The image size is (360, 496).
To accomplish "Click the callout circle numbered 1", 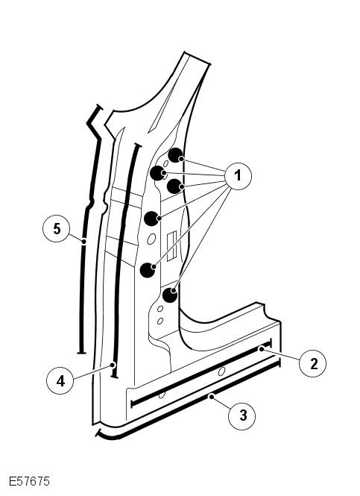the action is click(238, 176).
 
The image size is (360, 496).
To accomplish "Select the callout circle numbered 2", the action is click(313, 363).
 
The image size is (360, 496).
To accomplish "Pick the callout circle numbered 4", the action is click(60, 380).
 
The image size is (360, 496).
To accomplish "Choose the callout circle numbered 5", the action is click(56, 228).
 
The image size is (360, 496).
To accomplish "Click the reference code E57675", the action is click(29, 481).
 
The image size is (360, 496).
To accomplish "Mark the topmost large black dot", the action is click(175, 155).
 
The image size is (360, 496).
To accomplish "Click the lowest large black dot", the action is click(170, 295).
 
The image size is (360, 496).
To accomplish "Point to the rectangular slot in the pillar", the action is click(171, 246).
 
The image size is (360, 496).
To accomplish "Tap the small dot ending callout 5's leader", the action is click(83, 242).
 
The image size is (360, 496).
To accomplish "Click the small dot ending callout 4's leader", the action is click(113, 365).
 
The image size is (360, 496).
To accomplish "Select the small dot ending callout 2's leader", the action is click(261, 348).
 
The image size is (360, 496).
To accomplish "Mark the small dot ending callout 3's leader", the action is click(211, 395).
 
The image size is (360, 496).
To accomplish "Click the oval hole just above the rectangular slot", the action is click(151, 239).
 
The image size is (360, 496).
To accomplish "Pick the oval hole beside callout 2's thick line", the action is click(221, 371).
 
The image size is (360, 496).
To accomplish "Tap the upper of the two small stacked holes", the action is click(160, 309).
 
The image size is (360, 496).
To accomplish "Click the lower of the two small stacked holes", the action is click(160, 321).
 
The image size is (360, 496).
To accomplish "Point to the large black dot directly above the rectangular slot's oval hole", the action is click(152, 219).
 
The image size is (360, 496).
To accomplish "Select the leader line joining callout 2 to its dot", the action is click(280, 354).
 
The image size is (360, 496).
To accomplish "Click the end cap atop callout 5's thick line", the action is click(99, 107).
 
